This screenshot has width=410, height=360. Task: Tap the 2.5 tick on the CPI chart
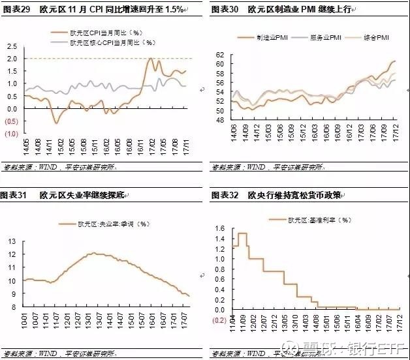(12, 46)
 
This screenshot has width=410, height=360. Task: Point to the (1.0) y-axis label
(11, 133)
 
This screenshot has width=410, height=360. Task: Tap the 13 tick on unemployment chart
(11, 241)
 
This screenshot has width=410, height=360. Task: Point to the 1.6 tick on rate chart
(219, 228)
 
